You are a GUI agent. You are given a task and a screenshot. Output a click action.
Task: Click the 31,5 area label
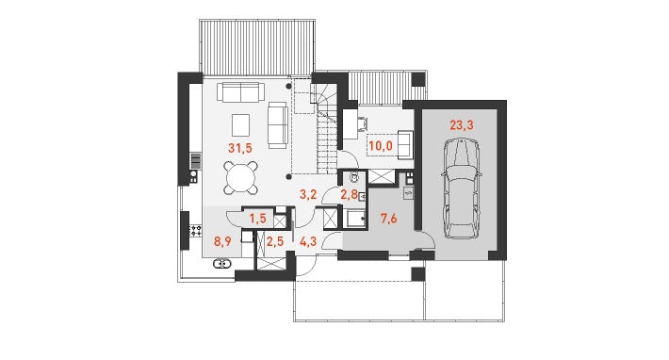pos(239,149)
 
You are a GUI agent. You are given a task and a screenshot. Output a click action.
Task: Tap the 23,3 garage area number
pos(461,125)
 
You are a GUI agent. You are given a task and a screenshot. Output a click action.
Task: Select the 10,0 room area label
pos(381,146)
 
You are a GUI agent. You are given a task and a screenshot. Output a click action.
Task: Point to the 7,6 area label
pos(389,219)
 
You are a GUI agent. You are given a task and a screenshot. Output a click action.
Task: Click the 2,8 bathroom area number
pos(349,195)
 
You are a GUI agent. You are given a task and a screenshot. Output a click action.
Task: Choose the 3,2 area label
pos(308,195)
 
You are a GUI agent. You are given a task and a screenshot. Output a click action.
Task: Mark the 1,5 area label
pos(257,219)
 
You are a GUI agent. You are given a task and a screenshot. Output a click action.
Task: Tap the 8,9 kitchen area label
pos(222,242)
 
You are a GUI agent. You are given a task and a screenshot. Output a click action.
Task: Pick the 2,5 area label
pos(275,242)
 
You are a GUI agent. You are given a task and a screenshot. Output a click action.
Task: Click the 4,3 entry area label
pos(308,242)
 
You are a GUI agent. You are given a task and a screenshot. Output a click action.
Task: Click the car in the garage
pos(461,188)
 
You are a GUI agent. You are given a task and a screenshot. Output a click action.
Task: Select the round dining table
pos(241,177)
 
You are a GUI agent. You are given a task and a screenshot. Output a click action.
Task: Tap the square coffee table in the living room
pos(240,124)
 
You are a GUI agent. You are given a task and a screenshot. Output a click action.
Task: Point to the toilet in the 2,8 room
pos(353,176)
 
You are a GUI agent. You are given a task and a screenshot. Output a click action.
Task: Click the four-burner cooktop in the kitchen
pos(196,231)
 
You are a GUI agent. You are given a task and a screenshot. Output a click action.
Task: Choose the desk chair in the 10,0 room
pos(363,123)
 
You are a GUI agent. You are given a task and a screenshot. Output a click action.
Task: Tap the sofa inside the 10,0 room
pos(405,145)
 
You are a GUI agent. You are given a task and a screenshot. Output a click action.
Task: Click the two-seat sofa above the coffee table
pos(240,92)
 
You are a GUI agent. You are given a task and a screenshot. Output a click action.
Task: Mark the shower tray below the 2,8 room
pos(355,219)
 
